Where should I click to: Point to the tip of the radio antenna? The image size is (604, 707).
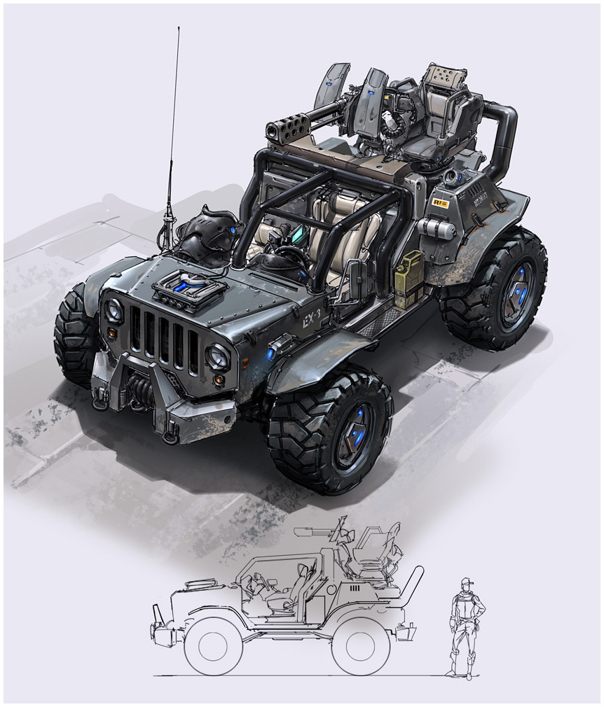(179, 28)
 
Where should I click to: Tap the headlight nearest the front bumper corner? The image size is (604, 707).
(218, 357)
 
